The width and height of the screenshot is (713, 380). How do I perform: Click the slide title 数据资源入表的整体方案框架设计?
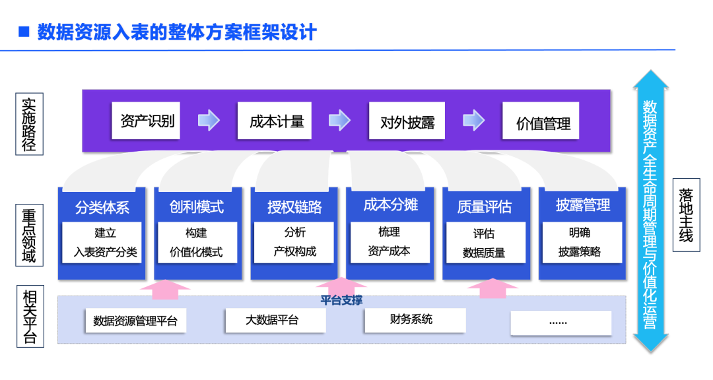point(177,32)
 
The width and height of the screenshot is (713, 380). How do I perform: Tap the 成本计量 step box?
point(277,121)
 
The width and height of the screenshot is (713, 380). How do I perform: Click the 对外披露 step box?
point(407,121)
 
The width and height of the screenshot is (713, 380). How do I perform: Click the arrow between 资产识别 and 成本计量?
point(209,119)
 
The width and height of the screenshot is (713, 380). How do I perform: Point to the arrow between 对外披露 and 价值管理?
point(473,119)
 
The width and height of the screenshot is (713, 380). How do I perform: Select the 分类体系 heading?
point(102,207)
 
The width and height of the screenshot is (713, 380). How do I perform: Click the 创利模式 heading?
point(197,206)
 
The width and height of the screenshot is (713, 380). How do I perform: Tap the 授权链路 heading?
point(294,207)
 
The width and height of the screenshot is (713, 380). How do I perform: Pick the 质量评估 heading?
point(485,207)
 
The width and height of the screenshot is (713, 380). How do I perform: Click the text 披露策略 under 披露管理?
point(580,252)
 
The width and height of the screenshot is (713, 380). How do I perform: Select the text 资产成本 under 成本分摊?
point(389,251)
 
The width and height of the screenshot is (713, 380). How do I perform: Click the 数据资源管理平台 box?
point(135,321)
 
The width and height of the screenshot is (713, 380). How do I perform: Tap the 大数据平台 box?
point(275,320)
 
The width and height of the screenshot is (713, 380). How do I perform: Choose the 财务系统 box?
point(412,319)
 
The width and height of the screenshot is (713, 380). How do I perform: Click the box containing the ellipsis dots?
point(560,322)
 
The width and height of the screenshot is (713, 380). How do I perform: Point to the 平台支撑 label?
point(341,300)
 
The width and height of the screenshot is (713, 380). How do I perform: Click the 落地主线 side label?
point(685,214)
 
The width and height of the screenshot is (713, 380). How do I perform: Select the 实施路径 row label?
point(29,124)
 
